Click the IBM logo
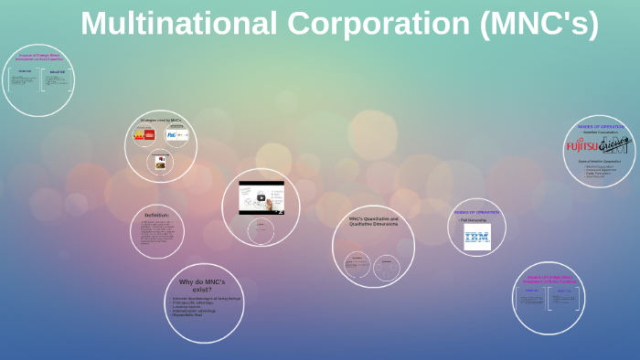476,238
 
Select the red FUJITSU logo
581,144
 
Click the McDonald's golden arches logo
139,135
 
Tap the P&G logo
171,135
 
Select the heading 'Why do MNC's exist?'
201,286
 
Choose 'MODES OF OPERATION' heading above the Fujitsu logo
600,126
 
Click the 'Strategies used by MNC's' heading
162,120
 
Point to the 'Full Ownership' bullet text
472,219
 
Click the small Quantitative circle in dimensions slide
357,266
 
